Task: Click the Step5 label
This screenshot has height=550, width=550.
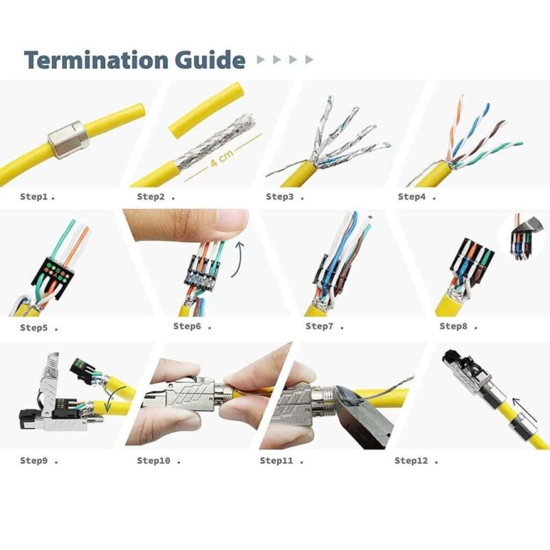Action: pyautogui.click(x=34, y=327)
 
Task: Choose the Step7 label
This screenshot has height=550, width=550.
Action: pyautogui.click(x=320, y=326)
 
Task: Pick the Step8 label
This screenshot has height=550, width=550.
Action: pyautogui.click(x=454, y=326)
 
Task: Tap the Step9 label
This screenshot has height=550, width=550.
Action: pyautogui.click(x=34, y=460)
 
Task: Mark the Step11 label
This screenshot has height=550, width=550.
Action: pyautogui.click(x=276, y=460)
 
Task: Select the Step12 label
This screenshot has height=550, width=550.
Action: pyautogui.click(x=411, y=460)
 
